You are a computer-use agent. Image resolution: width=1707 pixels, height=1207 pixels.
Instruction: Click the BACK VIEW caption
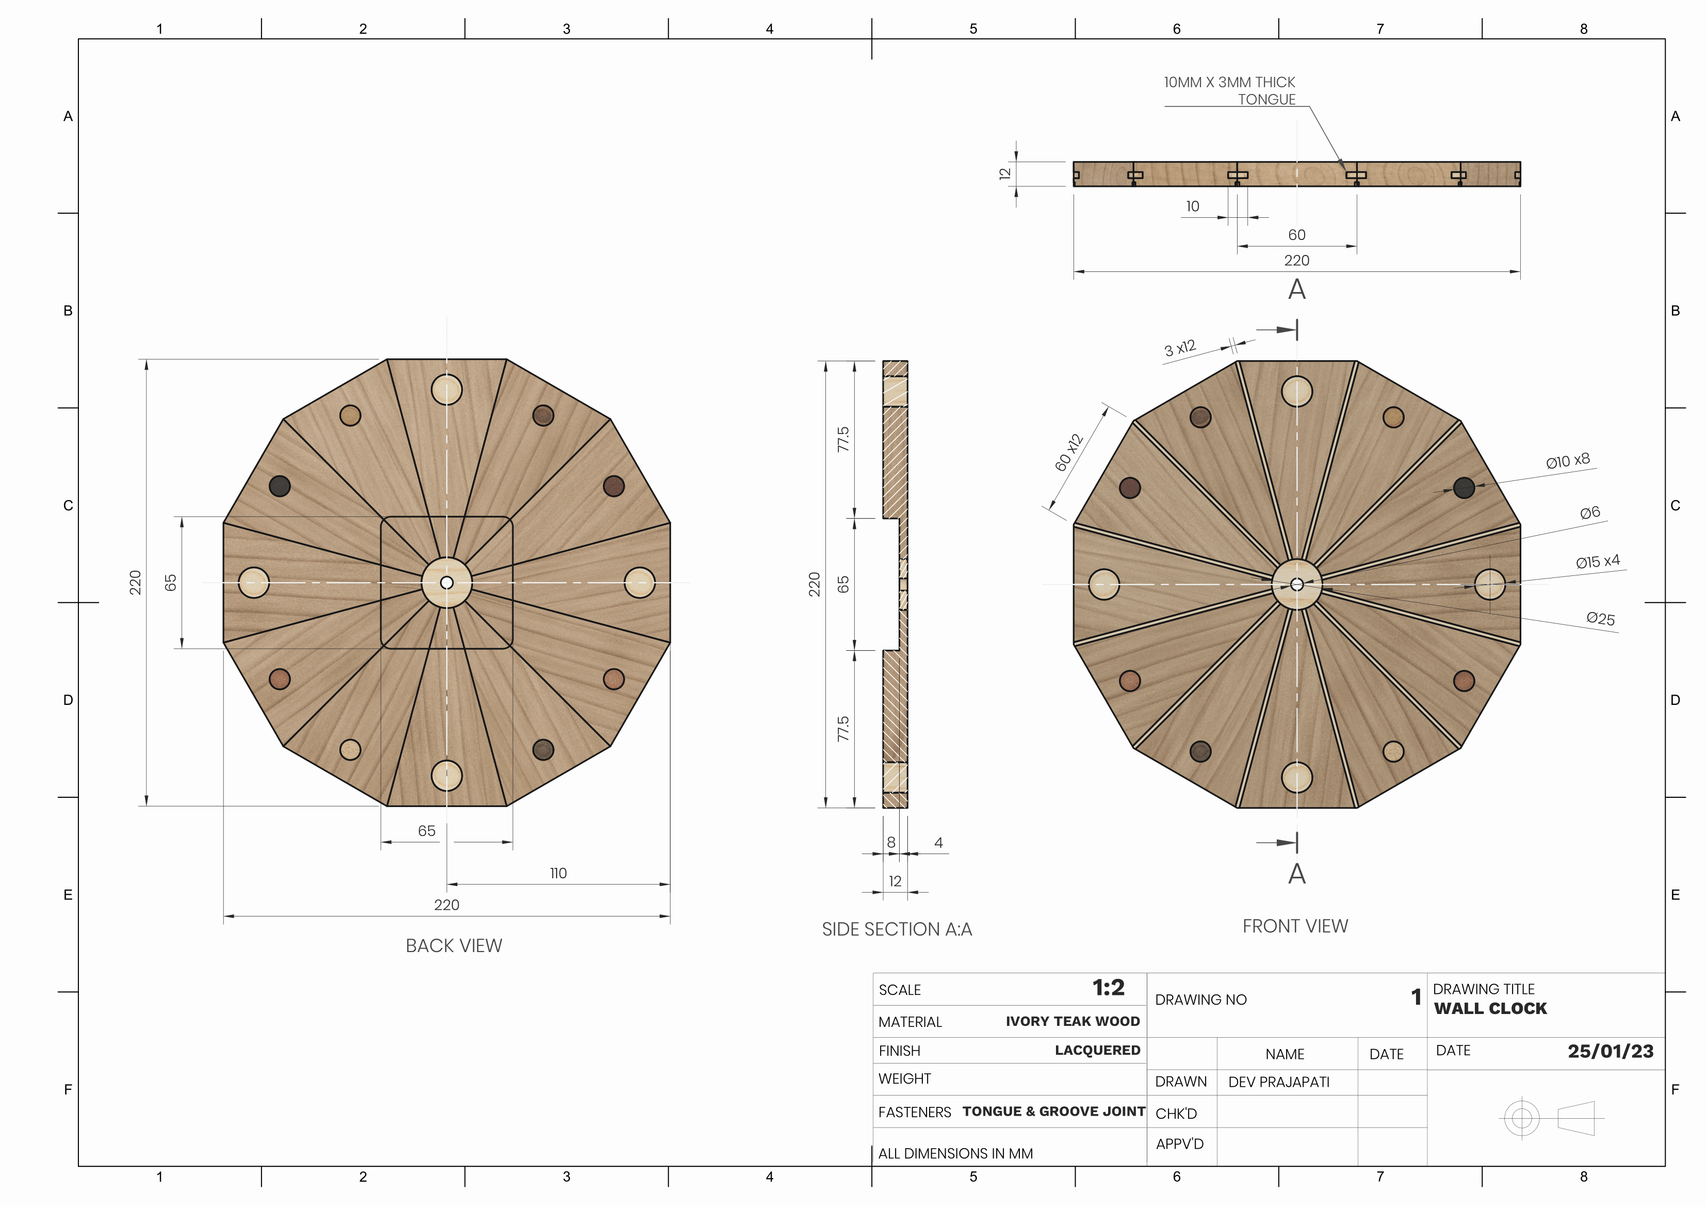(453, 945)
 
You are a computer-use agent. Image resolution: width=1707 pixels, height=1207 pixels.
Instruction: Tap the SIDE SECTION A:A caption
(897, 929)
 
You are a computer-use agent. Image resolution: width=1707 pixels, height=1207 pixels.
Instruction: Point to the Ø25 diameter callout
(1600, 619)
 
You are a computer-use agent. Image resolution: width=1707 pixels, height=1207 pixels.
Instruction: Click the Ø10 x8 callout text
(1567, 461)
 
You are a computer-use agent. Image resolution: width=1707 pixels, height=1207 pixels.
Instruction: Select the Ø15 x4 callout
(1597, 561)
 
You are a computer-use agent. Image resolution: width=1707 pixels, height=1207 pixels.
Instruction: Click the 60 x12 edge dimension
(1069, 452)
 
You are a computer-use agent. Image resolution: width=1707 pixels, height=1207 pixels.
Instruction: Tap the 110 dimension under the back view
(558, 873)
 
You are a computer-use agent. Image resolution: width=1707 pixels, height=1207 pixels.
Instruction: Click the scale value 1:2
(1108, 988)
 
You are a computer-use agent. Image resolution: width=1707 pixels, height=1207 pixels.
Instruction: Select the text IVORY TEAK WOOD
(1072, 1021)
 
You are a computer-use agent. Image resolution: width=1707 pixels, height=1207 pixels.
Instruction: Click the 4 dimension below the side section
(938, 843)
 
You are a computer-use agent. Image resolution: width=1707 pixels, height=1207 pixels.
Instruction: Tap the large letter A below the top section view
(1296, 289)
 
